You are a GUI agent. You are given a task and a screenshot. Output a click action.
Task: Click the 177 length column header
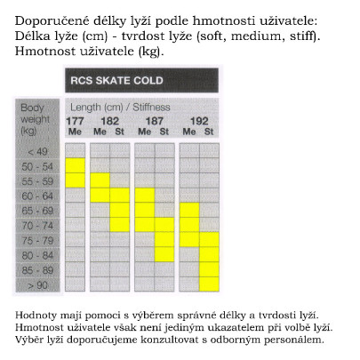coord(75,121)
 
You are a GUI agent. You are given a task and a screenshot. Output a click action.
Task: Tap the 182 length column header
coord(109,121)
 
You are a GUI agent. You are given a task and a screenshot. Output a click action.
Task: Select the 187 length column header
coord(155,121)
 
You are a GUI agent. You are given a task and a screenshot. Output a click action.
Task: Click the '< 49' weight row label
coord(38,150)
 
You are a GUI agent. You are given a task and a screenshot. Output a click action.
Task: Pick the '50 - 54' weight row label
coord(38,165)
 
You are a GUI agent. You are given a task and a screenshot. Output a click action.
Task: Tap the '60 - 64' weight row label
coord(38,196)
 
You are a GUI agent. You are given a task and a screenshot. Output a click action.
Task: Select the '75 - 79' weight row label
coord(38,240)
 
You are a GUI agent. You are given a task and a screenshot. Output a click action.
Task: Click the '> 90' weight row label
coord(38,284)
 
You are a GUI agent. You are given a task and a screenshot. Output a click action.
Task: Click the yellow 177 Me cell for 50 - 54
coord(75,165)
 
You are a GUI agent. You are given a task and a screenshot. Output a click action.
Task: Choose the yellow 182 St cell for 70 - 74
coord(120,225)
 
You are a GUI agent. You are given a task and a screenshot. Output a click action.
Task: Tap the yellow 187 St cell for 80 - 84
coord(164,255)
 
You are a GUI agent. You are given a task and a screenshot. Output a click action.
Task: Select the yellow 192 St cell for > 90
coord(210,284)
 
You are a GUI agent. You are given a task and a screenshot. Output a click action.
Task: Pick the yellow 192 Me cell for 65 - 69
coord(188,211)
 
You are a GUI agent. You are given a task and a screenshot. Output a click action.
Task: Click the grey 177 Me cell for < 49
coord(75,150)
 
